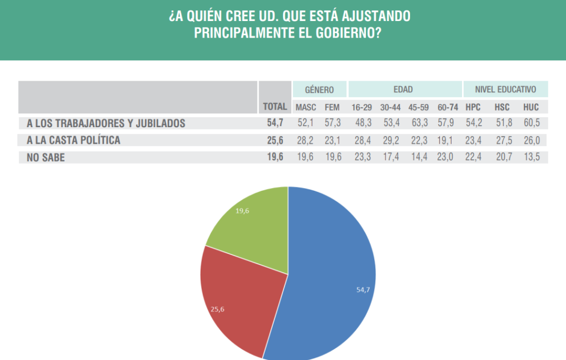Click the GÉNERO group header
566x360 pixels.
click(319, 89)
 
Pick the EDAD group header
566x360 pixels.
click(403, 89)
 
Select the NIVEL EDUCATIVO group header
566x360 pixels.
click(506, 89)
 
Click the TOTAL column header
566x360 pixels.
click(275, 107)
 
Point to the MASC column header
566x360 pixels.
click(306, 107)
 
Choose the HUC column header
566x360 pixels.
click(531, 107)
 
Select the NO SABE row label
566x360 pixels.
click(46, 158)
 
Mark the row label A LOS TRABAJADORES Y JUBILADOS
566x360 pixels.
click(106, 123)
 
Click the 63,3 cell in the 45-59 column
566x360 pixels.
click(419, 123)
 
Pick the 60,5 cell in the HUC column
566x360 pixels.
click(531, 123)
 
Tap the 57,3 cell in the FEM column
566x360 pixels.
click(332, 123)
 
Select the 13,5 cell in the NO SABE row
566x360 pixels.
click(531, 158)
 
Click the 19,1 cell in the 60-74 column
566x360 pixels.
click(446, 140)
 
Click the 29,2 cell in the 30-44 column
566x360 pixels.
click(390, 140)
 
